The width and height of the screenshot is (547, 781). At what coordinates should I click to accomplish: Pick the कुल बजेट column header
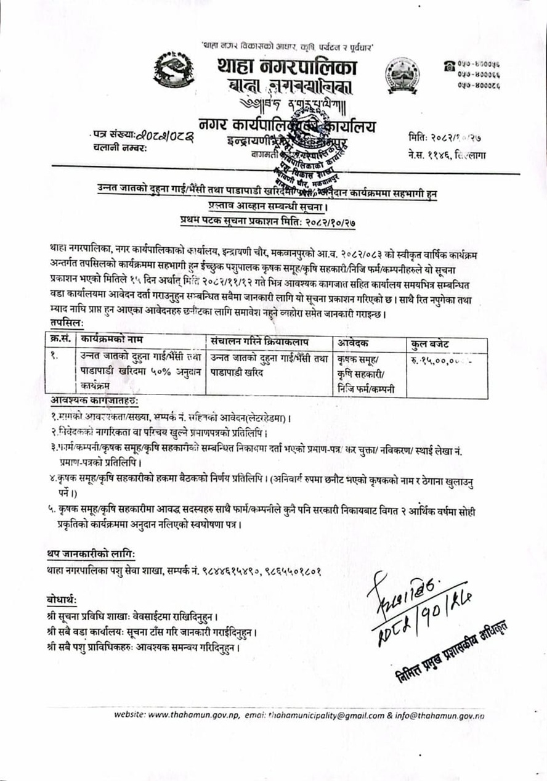(x=431, y=342)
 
